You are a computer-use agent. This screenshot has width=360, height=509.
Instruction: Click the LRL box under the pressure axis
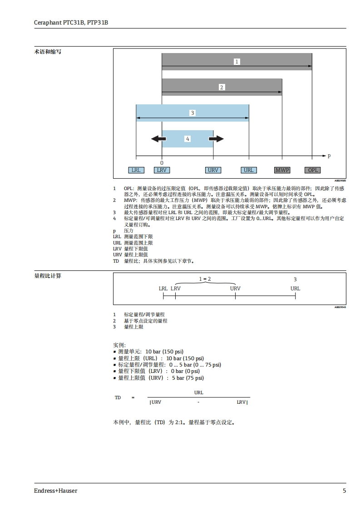tap(135, 170)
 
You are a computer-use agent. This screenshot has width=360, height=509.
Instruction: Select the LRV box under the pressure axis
tap(162, 170)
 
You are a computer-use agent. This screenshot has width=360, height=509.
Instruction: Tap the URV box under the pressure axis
tap(213, 170)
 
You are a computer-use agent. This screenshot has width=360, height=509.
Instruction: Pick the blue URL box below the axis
tap(248, 170)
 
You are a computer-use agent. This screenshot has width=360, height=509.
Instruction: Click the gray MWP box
tap(282, 170)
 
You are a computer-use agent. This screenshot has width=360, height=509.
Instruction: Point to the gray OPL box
tap(313, 170)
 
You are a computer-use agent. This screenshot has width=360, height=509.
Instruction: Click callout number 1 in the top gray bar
tap(237, 62)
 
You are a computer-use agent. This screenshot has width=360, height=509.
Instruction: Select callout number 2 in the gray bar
tap(222, 87)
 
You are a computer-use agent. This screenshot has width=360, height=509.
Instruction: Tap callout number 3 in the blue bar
tap(192, 113)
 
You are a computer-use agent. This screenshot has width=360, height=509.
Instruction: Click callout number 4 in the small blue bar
tap(187, 139)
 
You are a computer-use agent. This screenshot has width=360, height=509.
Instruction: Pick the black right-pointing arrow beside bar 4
tap(217, 139)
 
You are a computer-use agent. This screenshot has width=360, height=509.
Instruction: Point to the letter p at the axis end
tap(329, 156)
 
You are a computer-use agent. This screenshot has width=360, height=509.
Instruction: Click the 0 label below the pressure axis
tap(162, 163)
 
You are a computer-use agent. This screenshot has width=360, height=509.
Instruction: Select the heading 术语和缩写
tap(48, 52)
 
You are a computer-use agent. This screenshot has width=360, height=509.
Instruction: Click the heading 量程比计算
tap(48, 275)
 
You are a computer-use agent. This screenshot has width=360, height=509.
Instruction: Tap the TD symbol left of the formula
tap(118, 398)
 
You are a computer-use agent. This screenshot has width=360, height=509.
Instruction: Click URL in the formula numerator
tap(198, 392)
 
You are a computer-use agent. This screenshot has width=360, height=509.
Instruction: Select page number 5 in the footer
tap(344, 490)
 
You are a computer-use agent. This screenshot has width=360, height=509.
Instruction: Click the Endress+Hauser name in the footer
tap(55, 490)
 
